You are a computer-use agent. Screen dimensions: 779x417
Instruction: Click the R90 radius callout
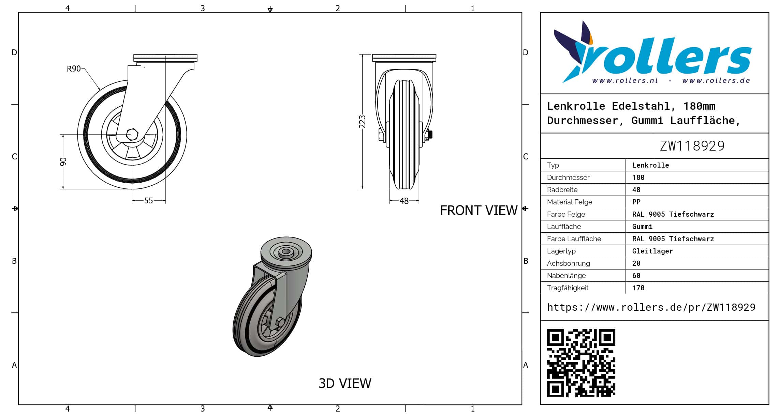[x=74, y=69]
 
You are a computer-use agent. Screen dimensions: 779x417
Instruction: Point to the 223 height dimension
[x=362, y=122]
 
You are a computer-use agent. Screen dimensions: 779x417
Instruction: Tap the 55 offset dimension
[x=148, y=201]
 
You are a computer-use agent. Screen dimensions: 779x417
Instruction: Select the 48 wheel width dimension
[x=404, y=201]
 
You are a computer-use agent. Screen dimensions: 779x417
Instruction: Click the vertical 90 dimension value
[x=63, y=162]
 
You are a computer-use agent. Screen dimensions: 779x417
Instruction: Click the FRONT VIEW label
[x=479, y=211]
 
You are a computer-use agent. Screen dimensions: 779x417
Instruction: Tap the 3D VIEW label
[x=345, y=384]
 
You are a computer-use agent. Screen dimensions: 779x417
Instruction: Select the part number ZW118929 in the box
[x=692, y=146]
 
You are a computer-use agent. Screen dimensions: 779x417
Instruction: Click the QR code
[x=581, y=363]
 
